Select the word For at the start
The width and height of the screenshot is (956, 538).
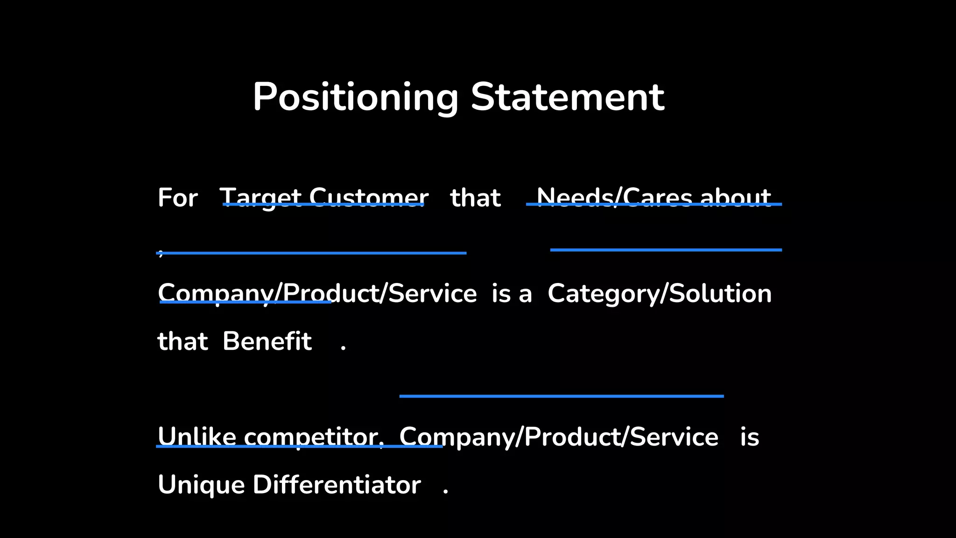point(177,198)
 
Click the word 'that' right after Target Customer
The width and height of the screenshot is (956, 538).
point(475,198)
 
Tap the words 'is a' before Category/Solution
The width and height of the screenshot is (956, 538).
point(512,294)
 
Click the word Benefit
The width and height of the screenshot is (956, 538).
point(267,341)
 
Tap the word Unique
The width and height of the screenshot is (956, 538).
point(201,485)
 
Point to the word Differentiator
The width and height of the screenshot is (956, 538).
point(337,485)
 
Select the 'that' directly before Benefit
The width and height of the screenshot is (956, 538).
point(183,341)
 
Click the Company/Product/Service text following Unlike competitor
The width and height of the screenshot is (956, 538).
point(559,437)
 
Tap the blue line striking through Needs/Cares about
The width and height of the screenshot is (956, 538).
point(654,204)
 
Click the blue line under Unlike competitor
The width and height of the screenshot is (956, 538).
point(299,446)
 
